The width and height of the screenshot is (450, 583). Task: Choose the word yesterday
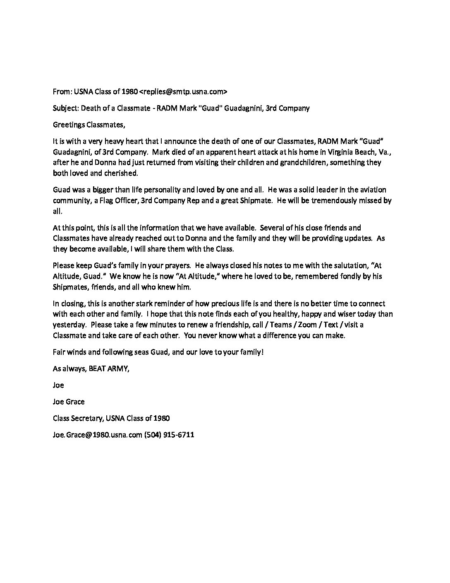69,325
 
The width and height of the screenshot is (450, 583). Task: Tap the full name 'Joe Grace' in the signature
69,402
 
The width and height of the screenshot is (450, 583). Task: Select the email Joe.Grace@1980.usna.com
98,435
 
